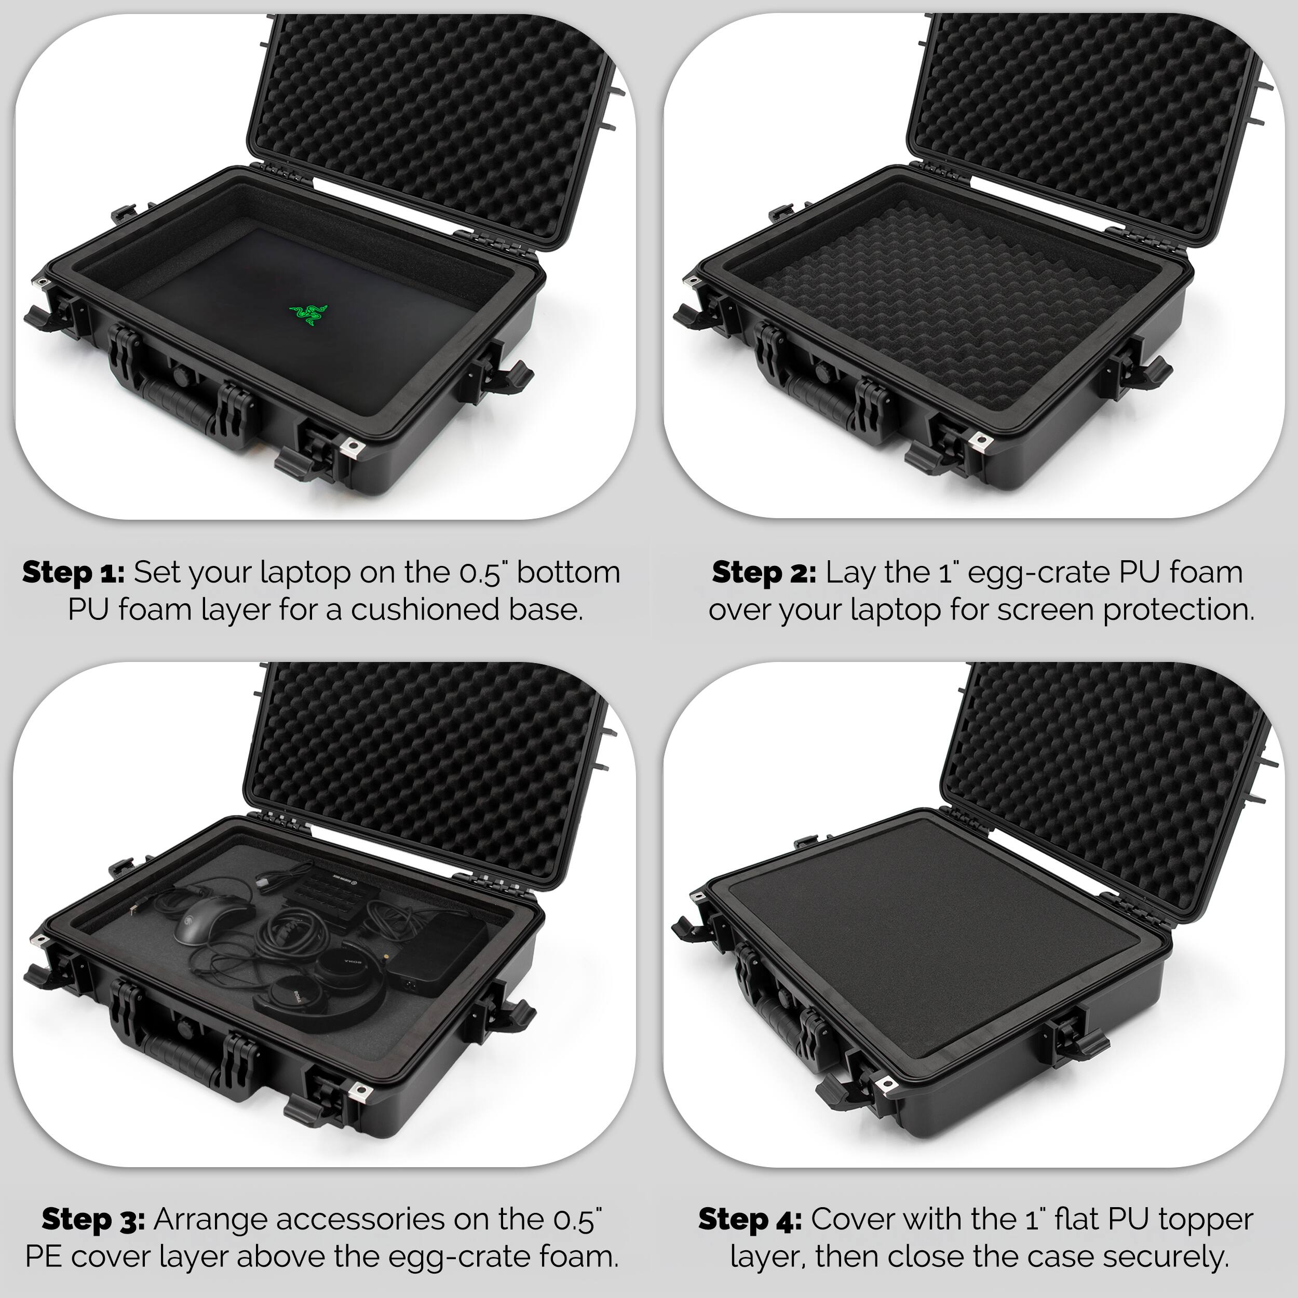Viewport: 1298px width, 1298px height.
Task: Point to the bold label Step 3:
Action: tap(93, 1220)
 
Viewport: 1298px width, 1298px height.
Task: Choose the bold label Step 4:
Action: tap(750, 1220)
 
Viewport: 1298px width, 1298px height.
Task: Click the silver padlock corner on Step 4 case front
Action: tap(885, 1084)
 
